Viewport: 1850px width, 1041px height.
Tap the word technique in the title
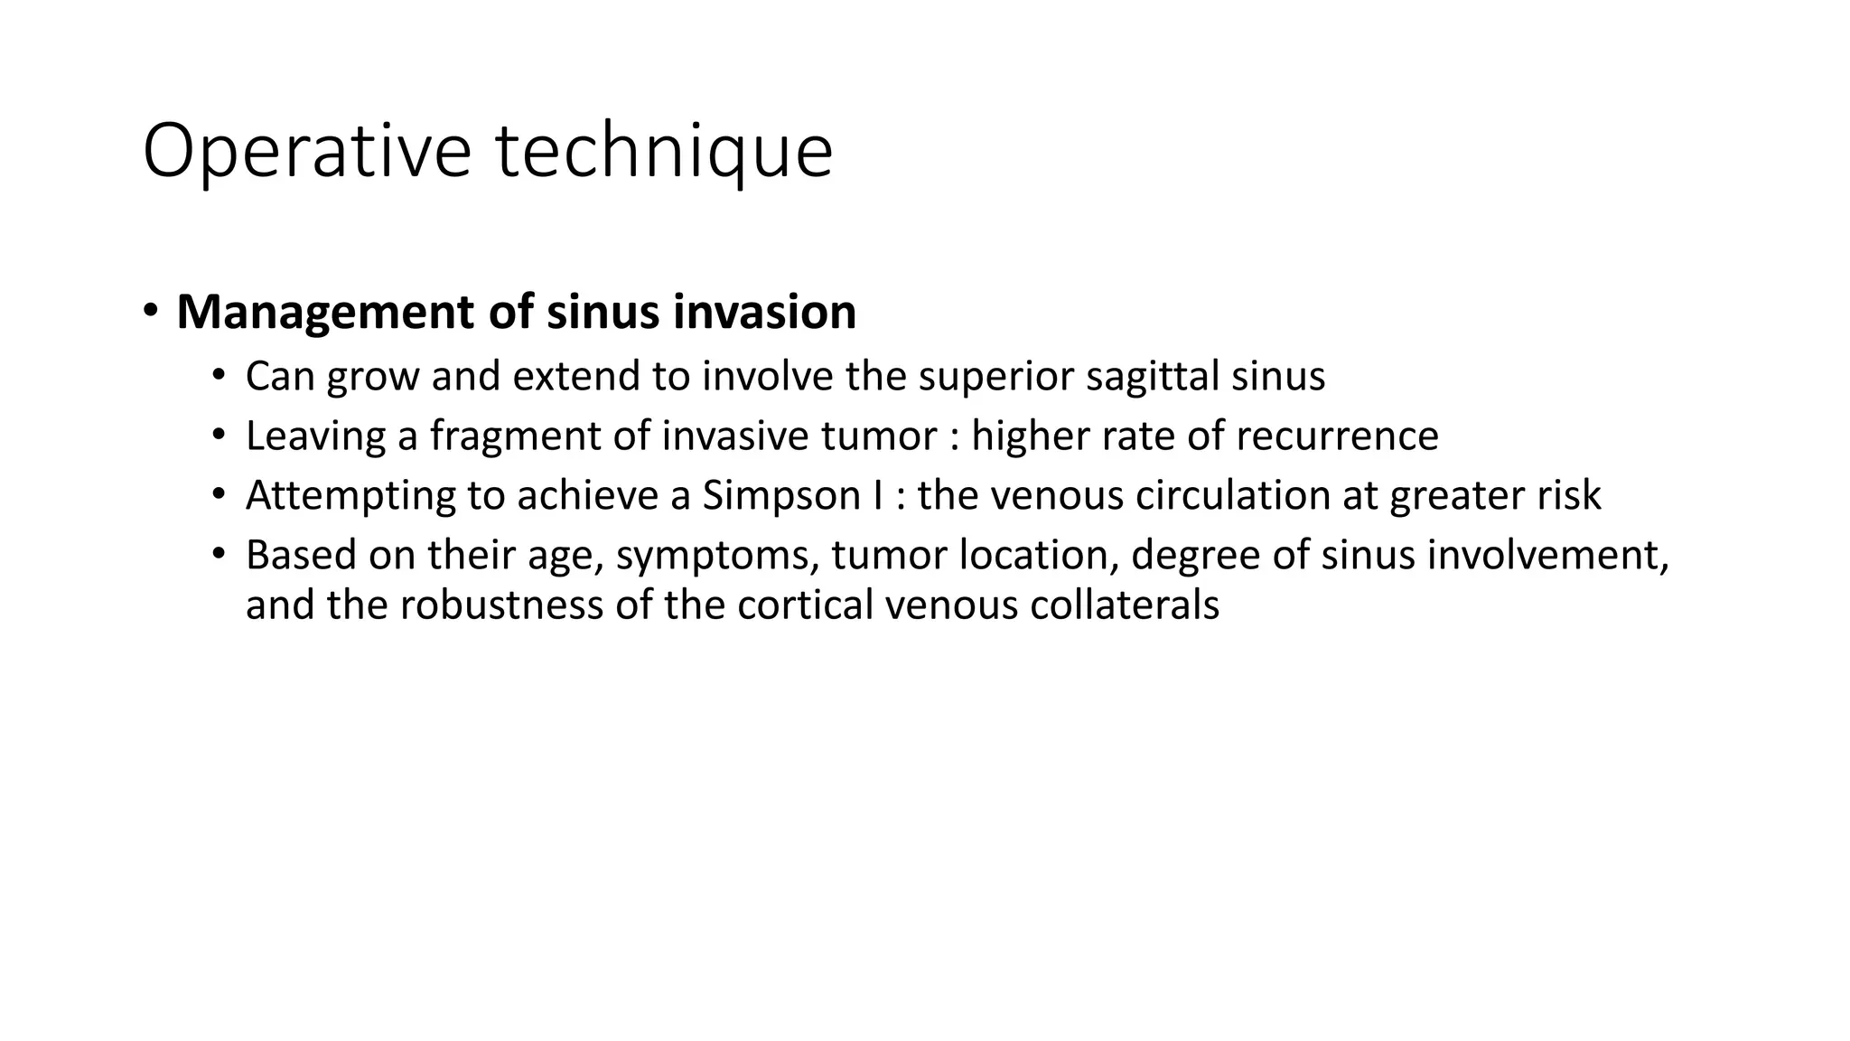click(x=664, y=153)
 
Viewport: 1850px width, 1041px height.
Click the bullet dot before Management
click(x=151, y=311)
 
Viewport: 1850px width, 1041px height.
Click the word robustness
click(x=501, y=605)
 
